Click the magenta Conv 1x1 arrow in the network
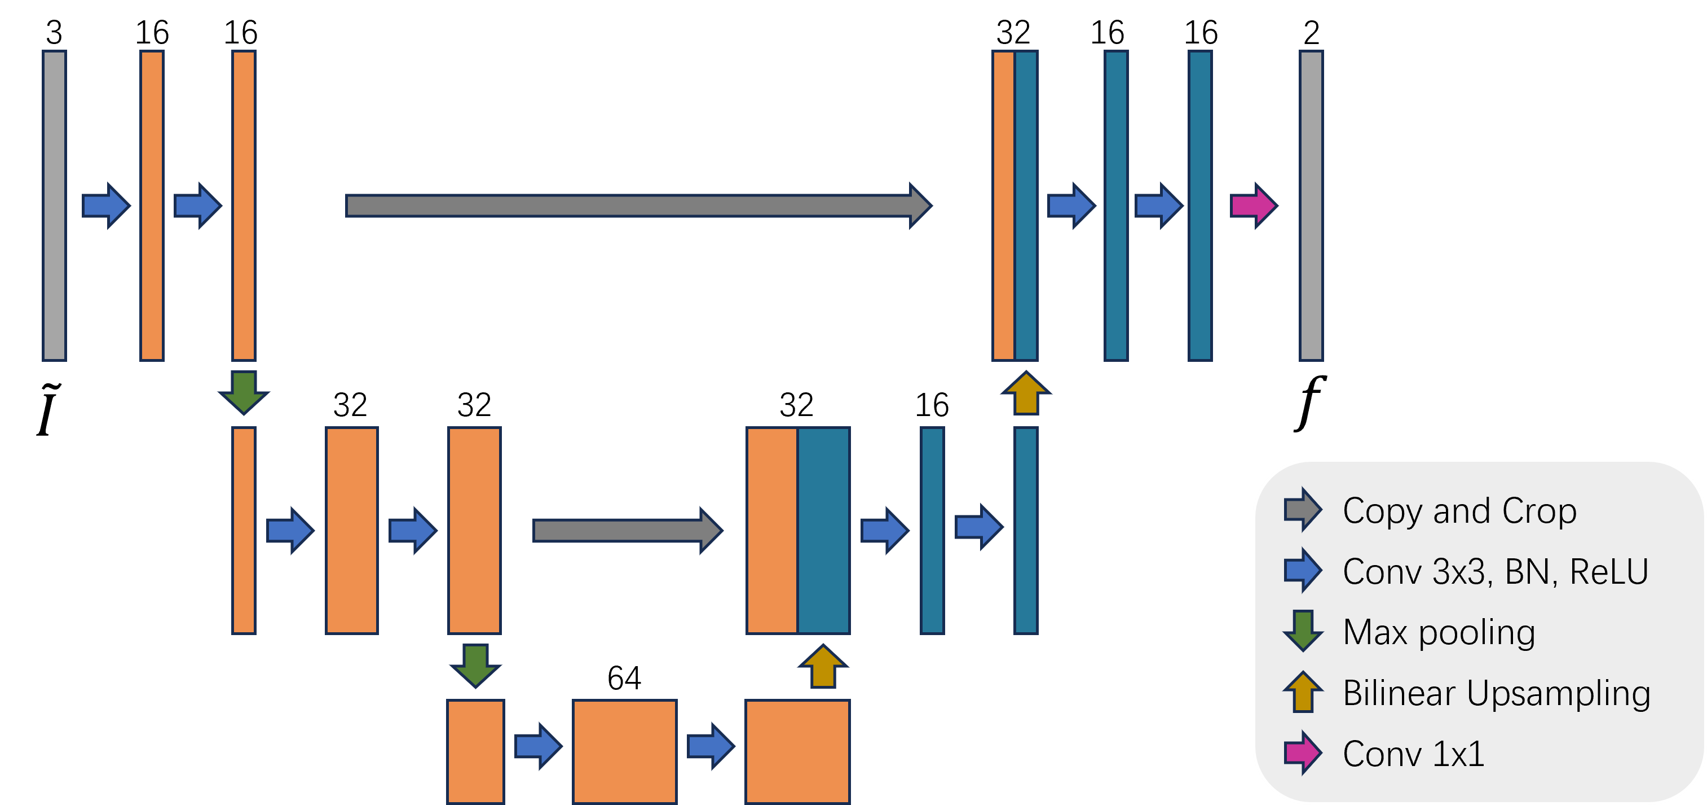point(1252,205)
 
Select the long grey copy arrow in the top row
point(636,205)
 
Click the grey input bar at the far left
point(54,205)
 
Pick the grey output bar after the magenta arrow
point(1311,205)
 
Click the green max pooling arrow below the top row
point(244,392)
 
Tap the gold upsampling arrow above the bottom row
point(823,667)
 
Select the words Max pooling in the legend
point(1439,632)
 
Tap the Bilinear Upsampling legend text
point(1496,693)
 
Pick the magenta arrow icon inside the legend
point(1302,753)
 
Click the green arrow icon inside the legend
point(1303,631)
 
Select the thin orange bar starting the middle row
point(244,531)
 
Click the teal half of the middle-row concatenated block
point(823,531)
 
